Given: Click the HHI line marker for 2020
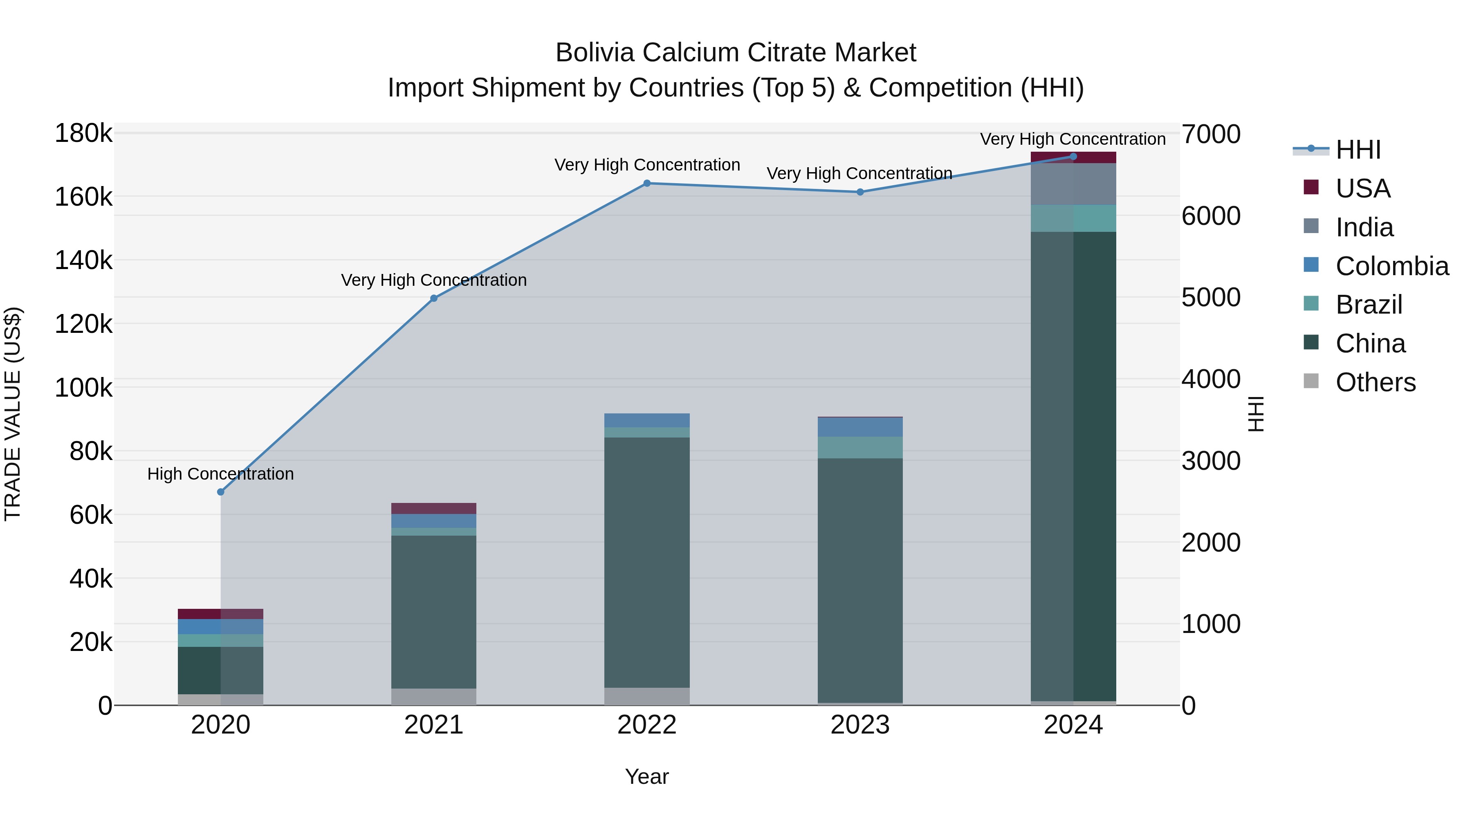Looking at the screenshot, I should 220,492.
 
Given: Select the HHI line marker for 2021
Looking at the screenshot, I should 434,298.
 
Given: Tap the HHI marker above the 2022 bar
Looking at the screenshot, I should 647,184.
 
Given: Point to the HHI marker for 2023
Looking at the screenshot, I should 860,192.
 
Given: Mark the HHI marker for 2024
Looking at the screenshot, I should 1073,157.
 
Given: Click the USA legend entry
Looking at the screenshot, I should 1362,188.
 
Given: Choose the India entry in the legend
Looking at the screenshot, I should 1364,227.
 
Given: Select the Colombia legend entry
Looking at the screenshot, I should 1391,266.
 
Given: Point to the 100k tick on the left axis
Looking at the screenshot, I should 83,388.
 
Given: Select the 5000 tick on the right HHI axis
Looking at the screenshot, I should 1211,298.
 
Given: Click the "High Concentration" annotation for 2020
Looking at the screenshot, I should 220,474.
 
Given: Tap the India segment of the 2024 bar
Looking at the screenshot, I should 1073,184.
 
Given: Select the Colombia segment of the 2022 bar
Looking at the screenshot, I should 647,420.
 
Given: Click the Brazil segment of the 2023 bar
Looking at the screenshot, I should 860,447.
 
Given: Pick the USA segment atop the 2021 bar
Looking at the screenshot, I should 434,509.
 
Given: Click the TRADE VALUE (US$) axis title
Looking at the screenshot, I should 13,414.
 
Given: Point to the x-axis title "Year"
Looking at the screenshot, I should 647,776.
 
